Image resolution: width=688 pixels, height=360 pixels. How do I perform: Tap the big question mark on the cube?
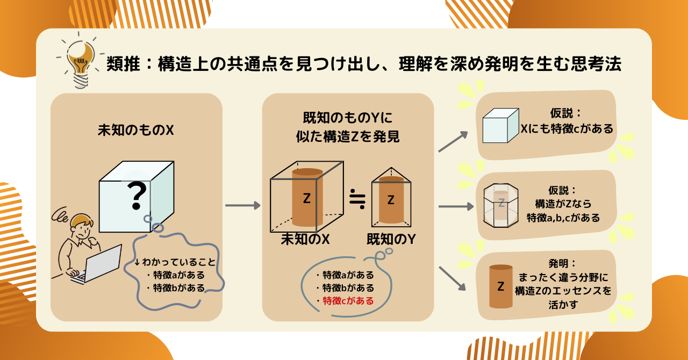tap(137, 196)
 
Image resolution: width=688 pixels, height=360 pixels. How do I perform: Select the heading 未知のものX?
tap(136, 130)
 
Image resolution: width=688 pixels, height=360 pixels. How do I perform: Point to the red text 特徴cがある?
tap(348, 301)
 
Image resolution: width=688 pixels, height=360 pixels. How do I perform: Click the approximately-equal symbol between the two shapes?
tap(357, 199)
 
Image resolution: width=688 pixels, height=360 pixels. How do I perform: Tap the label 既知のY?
tap(391, 239)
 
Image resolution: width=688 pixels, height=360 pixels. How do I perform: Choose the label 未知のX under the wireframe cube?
tap(305, 239)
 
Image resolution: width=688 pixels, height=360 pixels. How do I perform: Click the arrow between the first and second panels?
tap(242, 205)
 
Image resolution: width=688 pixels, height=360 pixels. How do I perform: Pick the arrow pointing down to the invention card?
tap(452, 278)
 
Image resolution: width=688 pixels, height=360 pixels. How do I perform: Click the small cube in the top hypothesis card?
tap(500, 126)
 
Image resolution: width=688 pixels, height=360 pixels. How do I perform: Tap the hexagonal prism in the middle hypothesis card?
tap(501, 205)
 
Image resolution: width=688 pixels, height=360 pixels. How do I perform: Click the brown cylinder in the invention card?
tap(501, 286)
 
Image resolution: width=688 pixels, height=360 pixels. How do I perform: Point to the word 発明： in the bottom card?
tap(562, 264)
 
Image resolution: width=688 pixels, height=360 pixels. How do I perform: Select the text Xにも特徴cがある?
tap(567, 129)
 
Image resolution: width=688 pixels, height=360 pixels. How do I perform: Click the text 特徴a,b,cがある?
tap(563, 218)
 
